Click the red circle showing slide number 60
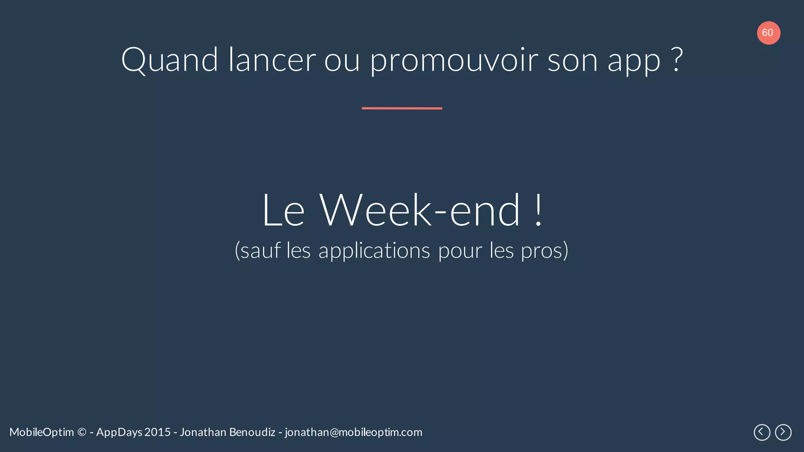pyautogui.click(x=768, y=33)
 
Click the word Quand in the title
pyautogui.click(x=169, y=60)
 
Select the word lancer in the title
pyautogui.click(x=272, y=60)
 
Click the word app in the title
pyautogui.click(x=634, y=62)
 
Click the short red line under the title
pyautogui.click(x=402, y=108)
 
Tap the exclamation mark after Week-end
pyautogui.click(x=539, y=211)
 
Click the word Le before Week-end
pyautogui.click(x=283, y=211)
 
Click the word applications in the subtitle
pyautogui.click(x=374, y=251)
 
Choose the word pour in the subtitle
pyautogui.click(x=460, y=251)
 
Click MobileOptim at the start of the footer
pyautogui.click(x=42, y=432)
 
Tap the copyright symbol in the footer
pyautogui.click(x=82, y=432)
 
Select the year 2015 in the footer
pyautogui.click(x=157, y=432)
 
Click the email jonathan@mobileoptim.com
pyautogui.click(x=353, y=432)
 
